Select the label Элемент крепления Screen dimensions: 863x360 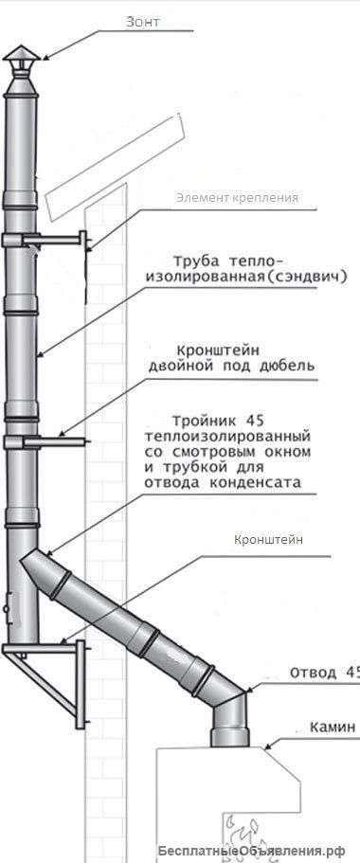(x=237, y=198)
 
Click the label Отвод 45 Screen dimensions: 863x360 (x=326, y=673)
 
